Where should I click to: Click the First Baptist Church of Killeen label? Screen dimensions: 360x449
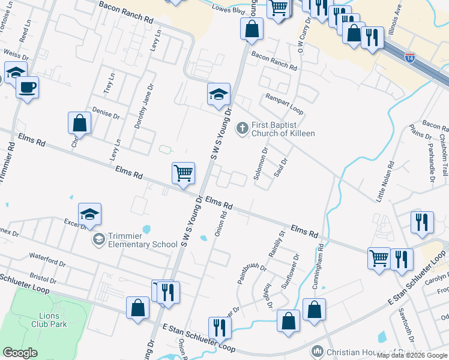283,129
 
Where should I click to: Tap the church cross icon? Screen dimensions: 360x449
242,127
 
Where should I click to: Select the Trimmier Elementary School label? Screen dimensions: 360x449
143,240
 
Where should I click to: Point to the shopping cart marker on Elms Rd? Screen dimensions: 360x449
184,173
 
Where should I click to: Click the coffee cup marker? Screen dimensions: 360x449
27,88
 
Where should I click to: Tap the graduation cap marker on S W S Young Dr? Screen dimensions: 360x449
218,94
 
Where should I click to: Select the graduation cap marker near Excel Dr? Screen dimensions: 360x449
89,214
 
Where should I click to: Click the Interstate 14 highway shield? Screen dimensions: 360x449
409,58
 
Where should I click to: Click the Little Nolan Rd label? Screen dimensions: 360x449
390,181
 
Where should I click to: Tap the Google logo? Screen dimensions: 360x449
20,353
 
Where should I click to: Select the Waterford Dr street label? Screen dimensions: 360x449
47,259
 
